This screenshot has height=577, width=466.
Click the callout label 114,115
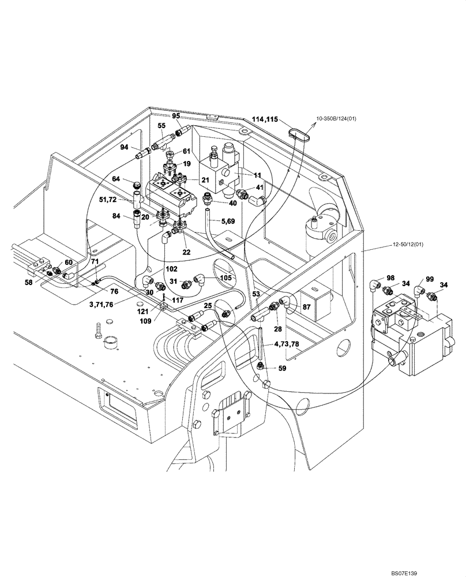(x=265, y=119)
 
